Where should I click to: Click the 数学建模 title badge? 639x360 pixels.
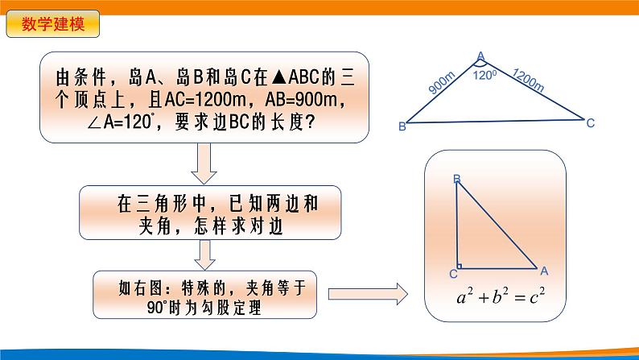pyautogui.click(x=53, y=24)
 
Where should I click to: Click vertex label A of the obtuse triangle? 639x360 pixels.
pyautogui.click(x=480, y=56)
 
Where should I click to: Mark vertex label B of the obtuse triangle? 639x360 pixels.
pyautogui.click(x=402, y=126)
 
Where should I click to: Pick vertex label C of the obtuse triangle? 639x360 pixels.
pyautogui.click(x=590, y=123)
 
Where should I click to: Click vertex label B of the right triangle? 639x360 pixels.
pyautogui.click(x=457, y=178)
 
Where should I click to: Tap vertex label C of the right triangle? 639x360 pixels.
pyautogui.click(x=452, y=274)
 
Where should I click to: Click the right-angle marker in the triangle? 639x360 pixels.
pyautogui.click(x=459, y=264)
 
